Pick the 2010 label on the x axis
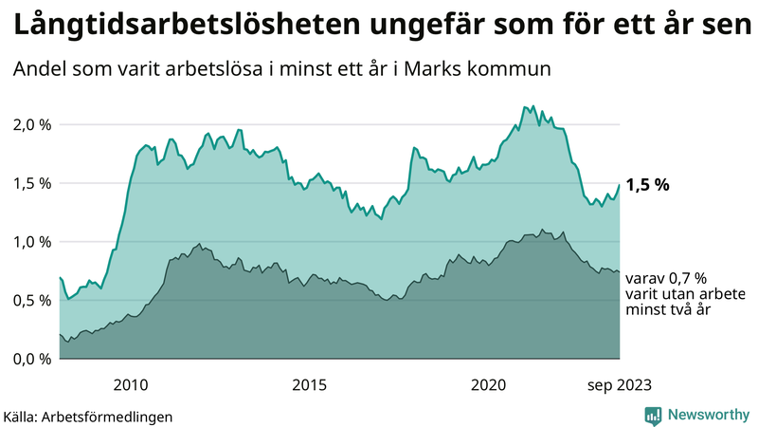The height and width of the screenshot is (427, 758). click(x=131, y=384)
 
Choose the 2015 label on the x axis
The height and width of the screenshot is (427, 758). click(x=310, y=384)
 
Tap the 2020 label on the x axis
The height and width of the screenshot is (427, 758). click(x=489, y=384)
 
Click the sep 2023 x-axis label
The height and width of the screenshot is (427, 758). click(x=619, y=384)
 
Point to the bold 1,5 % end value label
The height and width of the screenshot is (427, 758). click(x=648, y=185)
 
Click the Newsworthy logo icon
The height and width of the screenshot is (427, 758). click(x=652, y=415)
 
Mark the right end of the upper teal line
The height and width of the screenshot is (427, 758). click(x=619, y=185)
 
